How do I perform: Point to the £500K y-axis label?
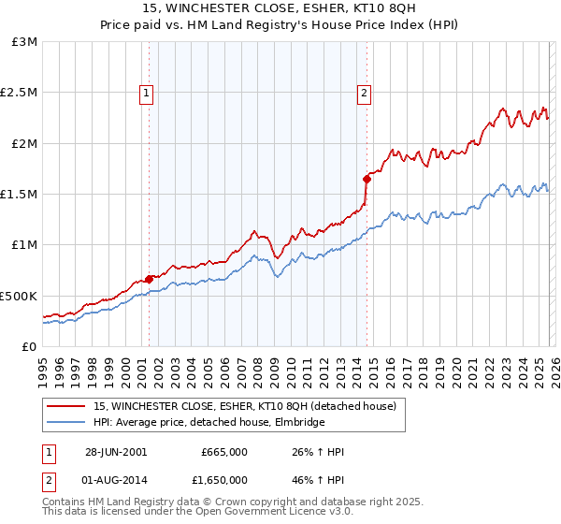pyautogui.click(x=19, y=296)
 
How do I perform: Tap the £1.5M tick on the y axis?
pyautogui.click(x=20, y=195)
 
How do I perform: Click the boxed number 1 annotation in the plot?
pyautogui.click(x=148, y=93)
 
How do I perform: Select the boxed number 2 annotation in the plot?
pyautogui.click(x=363, y=93)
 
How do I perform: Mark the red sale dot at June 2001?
pyautogui.click(x=150, y=279)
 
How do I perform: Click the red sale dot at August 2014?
pyautogui.click(x=367, y=179)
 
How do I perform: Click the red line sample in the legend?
pyautogui.click(x=65, y=406)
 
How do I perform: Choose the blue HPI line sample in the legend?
pyautogui.click(x=65, y=423)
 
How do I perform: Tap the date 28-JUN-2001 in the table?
pyautogui.click(x=116, y=452)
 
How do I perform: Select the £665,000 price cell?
pyautogui.click(x=223, y=452)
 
